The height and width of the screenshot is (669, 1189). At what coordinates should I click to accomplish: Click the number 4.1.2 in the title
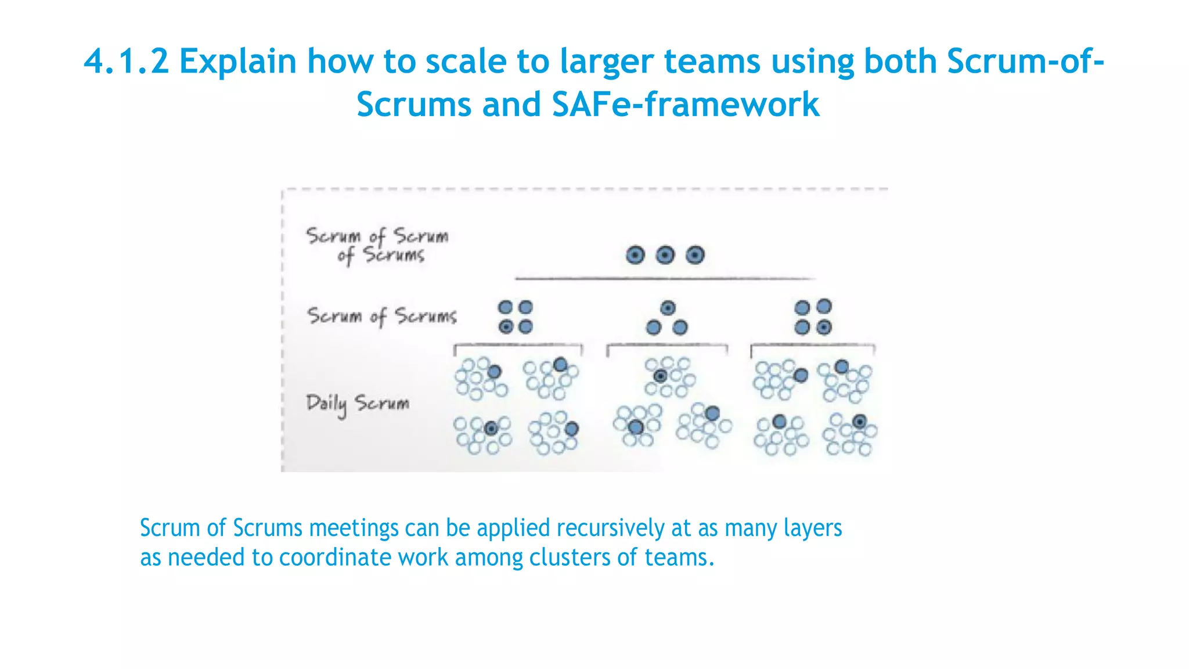point(127,62)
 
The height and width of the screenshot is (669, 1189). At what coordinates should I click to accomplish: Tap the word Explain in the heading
point(237,62)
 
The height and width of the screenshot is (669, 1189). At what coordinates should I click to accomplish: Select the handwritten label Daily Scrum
point(358,403)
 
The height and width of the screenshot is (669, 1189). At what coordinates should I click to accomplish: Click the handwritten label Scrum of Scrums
point(381,316)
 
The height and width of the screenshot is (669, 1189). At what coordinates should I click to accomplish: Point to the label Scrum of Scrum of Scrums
point(377,245)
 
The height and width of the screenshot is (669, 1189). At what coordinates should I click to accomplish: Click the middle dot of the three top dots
point(665,255)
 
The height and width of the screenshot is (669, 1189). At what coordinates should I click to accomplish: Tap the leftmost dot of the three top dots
point(635,255)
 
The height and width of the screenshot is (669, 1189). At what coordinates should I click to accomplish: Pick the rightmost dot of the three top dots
point(696,255)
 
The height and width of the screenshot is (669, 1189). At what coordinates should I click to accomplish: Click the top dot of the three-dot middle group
point(668,308)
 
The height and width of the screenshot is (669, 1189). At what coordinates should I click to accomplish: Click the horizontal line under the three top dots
point(665,279)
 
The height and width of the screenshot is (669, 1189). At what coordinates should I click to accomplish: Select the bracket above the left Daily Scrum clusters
point(518,346)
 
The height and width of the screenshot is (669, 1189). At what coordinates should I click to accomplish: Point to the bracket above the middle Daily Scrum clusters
point(666,346)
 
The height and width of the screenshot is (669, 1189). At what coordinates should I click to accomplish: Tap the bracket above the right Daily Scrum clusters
point(813,346)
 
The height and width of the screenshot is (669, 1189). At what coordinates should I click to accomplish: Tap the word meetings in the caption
point(354,528)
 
